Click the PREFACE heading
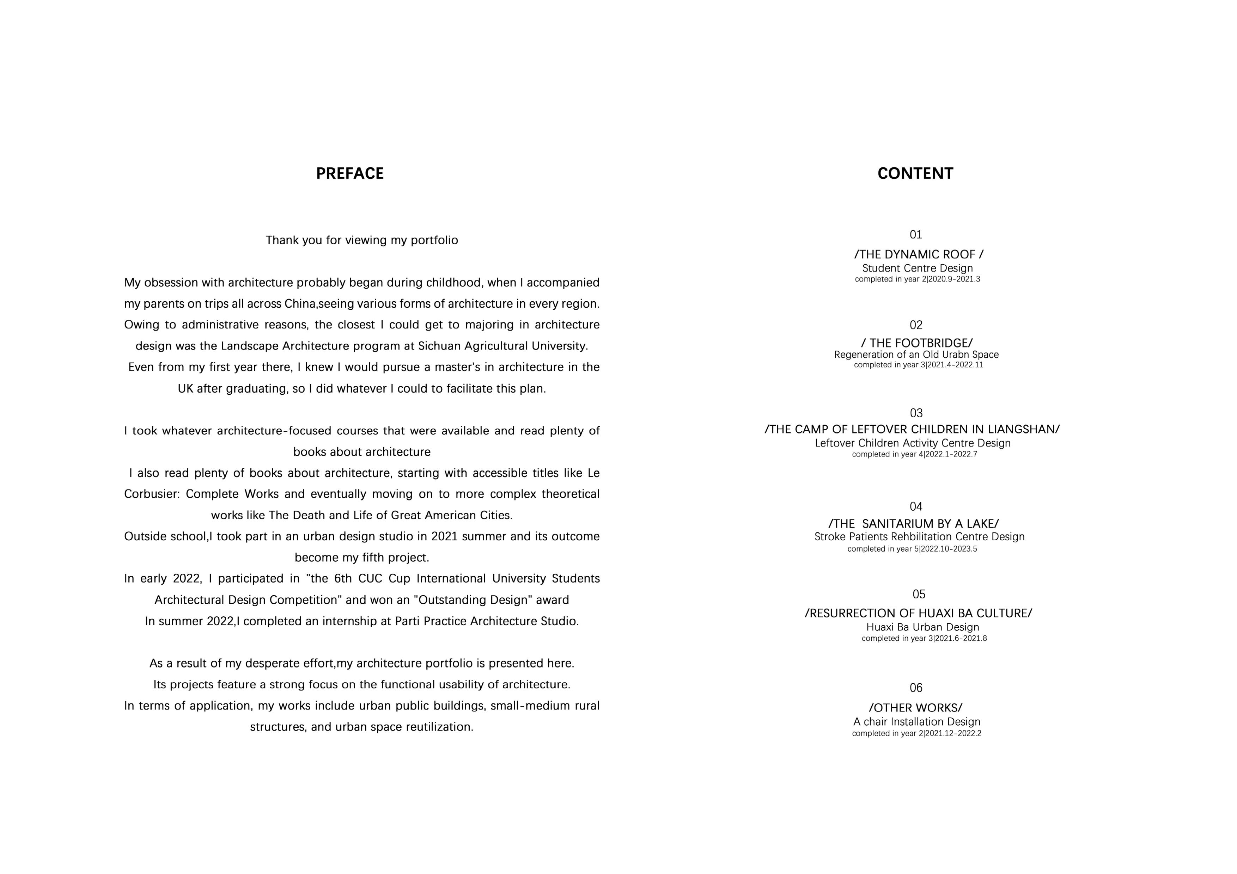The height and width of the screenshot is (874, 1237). (x=350, y=173)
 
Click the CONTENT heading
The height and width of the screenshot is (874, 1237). (x=915, y=173)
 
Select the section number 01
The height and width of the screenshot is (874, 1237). (x=916, y=235)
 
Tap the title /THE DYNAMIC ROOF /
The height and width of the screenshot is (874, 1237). (x=919, y=254)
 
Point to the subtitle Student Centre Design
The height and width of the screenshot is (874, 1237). (x=918, y=268)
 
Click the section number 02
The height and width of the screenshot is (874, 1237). (x=916, y=325)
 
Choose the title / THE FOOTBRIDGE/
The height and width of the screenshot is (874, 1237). (x=917, y=343)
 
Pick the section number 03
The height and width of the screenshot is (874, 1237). (x=916, y=413)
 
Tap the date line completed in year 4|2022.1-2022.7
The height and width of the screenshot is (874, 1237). (x=914, y=455)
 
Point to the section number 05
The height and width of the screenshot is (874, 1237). (x=919, y=595)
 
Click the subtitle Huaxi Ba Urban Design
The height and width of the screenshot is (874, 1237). (x=922, y=627)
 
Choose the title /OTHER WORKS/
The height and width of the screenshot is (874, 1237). (x=915, y=708)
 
